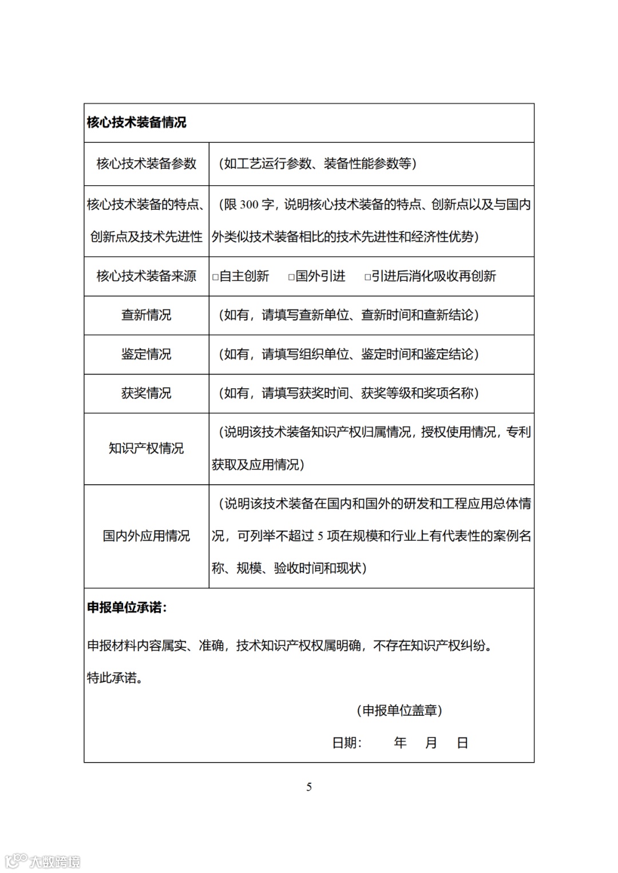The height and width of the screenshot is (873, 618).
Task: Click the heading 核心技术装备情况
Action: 136,122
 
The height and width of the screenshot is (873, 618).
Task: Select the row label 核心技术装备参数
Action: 146,164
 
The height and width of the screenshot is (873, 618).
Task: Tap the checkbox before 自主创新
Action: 216,277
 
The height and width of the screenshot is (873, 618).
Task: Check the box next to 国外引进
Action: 291,277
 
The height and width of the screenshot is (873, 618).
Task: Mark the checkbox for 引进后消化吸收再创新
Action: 367,277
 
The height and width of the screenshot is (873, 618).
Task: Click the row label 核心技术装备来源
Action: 146,276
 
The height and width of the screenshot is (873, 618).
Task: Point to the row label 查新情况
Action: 146,315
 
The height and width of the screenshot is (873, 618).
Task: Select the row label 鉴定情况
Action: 146,354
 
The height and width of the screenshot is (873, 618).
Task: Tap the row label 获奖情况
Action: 146,393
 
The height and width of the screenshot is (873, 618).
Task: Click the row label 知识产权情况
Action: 146,448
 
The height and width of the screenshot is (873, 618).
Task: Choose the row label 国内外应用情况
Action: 146,536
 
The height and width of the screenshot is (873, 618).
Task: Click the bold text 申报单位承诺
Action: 126,608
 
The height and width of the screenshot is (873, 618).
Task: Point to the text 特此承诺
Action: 114,678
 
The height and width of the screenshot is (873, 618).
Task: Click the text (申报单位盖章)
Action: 399,711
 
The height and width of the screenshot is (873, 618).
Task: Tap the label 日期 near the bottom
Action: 346,743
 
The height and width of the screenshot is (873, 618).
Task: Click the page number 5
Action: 309,787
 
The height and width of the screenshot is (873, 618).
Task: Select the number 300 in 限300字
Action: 249,205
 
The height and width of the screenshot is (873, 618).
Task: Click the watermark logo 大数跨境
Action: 43,861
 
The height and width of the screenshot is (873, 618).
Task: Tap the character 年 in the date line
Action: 400,743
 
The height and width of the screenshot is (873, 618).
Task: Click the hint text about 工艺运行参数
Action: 317,164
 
